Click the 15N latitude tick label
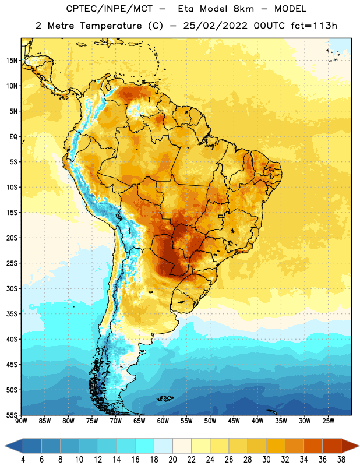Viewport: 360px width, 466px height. pos(12,61)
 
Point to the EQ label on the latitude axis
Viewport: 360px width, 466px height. pos(13,137)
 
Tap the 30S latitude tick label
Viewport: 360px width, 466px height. pos(12,288)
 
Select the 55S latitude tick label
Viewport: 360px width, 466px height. pos(12,415)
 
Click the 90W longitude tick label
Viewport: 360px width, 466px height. pos(21,421)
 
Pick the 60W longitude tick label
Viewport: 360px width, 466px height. pos(163,421)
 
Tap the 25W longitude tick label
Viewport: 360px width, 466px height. pos(328,421)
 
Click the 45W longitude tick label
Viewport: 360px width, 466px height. pos(234,421)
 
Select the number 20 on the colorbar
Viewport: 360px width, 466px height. pos(172,460)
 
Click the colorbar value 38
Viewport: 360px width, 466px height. pos(341,460)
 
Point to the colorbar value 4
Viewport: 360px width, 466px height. pos(23,460)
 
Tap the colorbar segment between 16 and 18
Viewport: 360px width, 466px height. pos(145,446)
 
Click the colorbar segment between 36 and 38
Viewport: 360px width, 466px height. pos(332,446)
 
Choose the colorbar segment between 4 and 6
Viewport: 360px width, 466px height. pos(33,446)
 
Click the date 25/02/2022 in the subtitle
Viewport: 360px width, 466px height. pos(215,26)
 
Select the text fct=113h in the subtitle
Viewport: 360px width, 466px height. pos(314,26)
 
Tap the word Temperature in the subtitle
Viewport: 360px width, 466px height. pos(111,26)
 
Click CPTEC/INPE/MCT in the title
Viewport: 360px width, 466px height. pos(110,9)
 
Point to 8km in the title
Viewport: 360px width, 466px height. pos(243,9)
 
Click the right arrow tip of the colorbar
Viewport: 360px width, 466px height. pos(359,446)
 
